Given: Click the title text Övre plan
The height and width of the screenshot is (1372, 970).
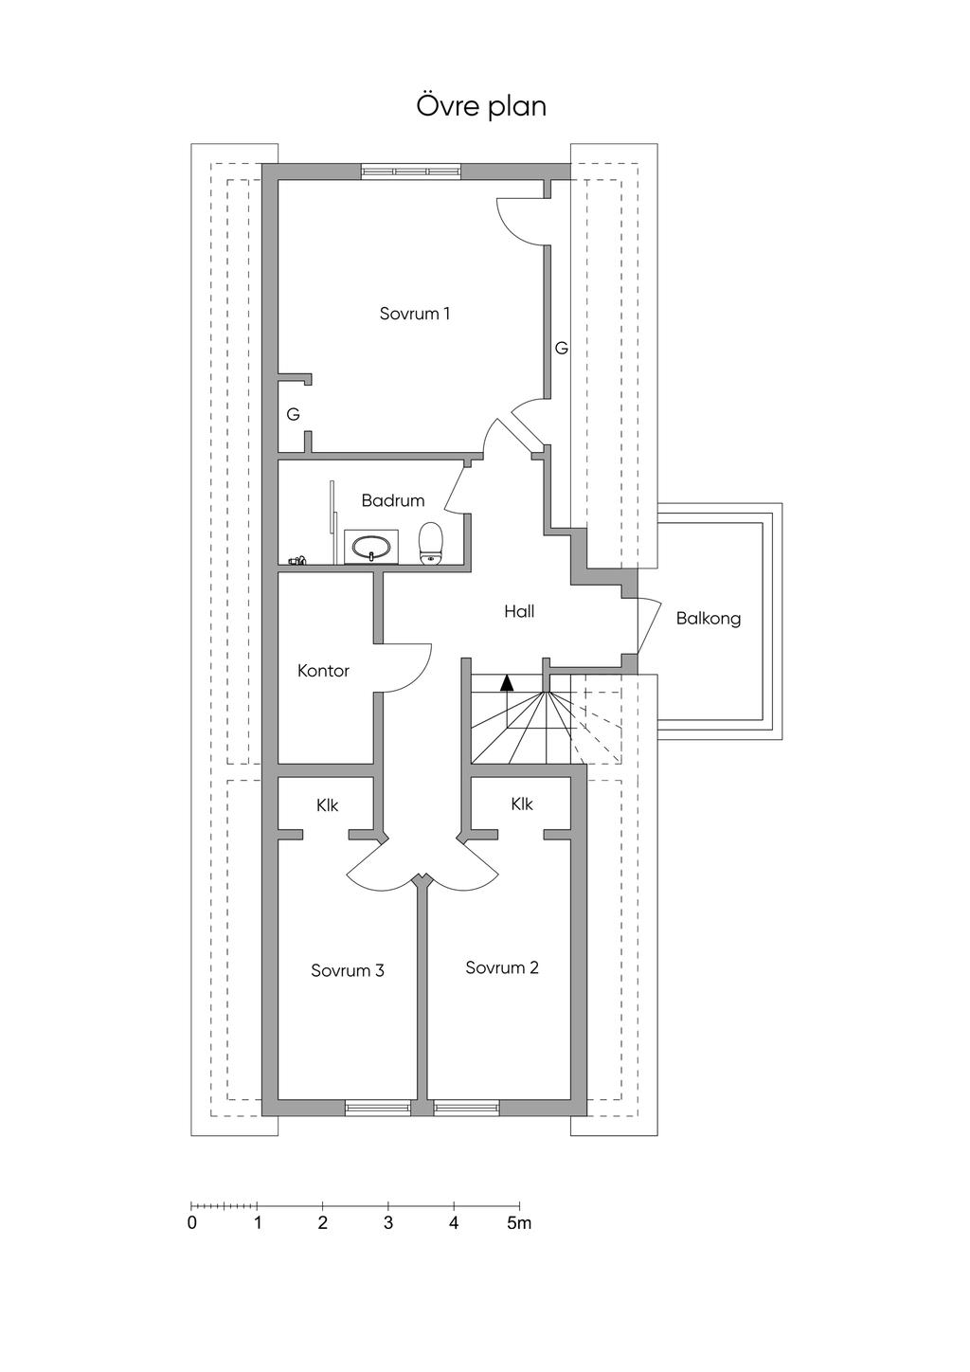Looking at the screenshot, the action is click(481, 106).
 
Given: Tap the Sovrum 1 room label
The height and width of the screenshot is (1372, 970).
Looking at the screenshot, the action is click(415, 314).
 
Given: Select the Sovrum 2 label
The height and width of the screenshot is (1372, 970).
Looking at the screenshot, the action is click(501, 967).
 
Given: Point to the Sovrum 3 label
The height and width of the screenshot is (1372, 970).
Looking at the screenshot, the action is click(348, 970).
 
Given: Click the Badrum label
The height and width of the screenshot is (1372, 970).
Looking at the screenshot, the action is click(392, 500).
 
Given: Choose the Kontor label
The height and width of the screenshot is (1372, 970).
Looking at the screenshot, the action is click(323, 671).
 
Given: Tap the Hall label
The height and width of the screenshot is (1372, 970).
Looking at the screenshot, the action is click(519, 611).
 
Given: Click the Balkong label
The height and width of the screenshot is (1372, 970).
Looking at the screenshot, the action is click(709, 619).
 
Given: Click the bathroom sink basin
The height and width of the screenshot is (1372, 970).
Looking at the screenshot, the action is click(371, 547).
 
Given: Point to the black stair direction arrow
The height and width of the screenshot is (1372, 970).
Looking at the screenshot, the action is click(507, 683).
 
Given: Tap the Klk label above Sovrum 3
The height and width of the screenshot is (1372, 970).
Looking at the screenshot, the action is click(328, 804).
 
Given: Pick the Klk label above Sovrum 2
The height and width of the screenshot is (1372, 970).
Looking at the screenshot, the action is click(522, 803).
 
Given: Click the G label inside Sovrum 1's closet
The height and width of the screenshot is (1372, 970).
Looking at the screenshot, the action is click(294, 415).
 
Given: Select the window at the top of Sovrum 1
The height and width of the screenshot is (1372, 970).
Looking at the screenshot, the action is click(410, 171).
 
